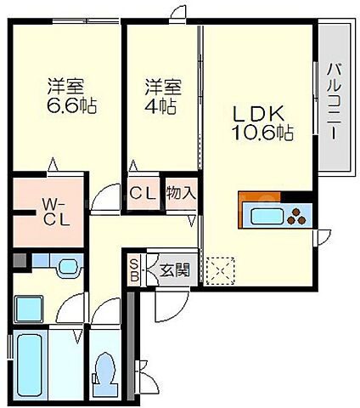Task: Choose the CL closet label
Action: pyautogui.click(x=141, y=192)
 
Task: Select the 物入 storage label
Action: pyautogui.click(x=181, y=192)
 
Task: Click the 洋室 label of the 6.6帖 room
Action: pyautogui.click(x=65, y=85)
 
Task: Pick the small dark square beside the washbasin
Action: pyautogui.click(x=19, y=261)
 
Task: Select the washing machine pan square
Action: pyautogui.click(x=28, y=308)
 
